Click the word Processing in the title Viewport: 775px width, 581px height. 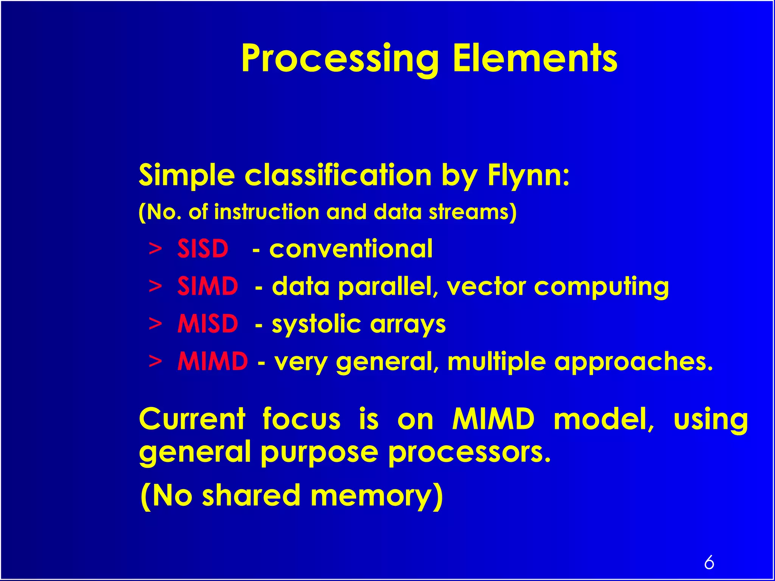click(x=339, y=59)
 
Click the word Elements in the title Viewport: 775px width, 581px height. click(x=535, y=58)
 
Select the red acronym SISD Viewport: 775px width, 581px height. click(x=203, y=249)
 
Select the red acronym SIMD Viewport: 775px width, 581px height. click(x=208, y=286)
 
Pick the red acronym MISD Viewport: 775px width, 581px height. click(x=208, y=324)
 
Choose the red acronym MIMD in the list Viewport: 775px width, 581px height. click(x=213, y=361)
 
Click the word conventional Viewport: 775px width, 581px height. click(x=351, y=249)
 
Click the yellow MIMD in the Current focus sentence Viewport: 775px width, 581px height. click(x=493, y=419)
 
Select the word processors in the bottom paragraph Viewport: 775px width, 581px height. click(x=469, y=452)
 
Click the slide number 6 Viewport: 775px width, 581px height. click(x=709, y=562)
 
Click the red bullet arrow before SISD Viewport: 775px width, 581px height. click(x=155, y=249)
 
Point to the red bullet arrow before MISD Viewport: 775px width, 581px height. click(x=155, y=324)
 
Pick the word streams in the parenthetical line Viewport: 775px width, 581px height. click(x=472, y=212)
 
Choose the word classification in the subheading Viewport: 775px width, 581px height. click(x=338, y=176)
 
